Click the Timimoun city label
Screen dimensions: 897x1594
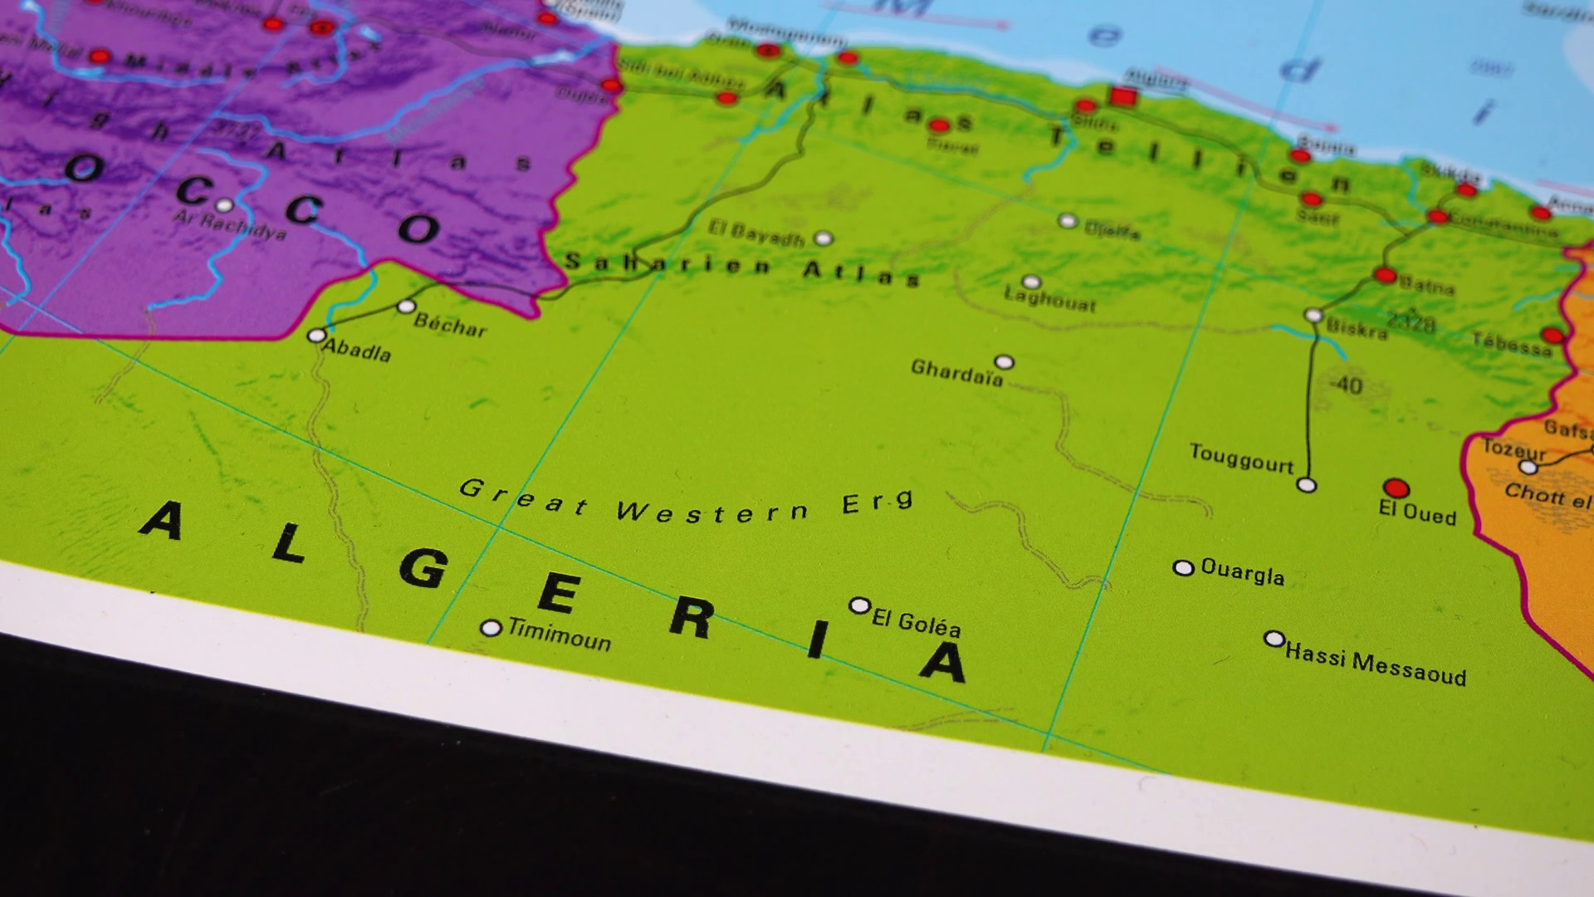[x=559, y=635]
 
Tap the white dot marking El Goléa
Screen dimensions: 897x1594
[x=859, y=605]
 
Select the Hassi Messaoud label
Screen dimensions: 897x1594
[x=1375, y=665]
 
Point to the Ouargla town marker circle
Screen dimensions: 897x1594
[x=1183, y=568]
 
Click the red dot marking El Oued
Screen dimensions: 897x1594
[x=1396, y=488]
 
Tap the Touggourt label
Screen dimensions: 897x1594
[x=1241, y=458]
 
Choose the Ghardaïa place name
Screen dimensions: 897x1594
[x=956, y=373]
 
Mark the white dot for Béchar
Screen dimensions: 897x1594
[x=406, y=306]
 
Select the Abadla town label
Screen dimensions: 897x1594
[x=356, y=350]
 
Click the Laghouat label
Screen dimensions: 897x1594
[x=1049, y=299]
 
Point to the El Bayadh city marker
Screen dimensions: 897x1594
[x=823, y=238]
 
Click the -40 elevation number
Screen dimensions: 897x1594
[x=1345, y=385]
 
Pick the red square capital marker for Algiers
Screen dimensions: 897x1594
[x=1123, y=97]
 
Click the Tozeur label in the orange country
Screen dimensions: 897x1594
[x=1514, y=450]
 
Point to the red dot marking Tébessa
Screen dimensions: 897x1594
[x=1552, y=336]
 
